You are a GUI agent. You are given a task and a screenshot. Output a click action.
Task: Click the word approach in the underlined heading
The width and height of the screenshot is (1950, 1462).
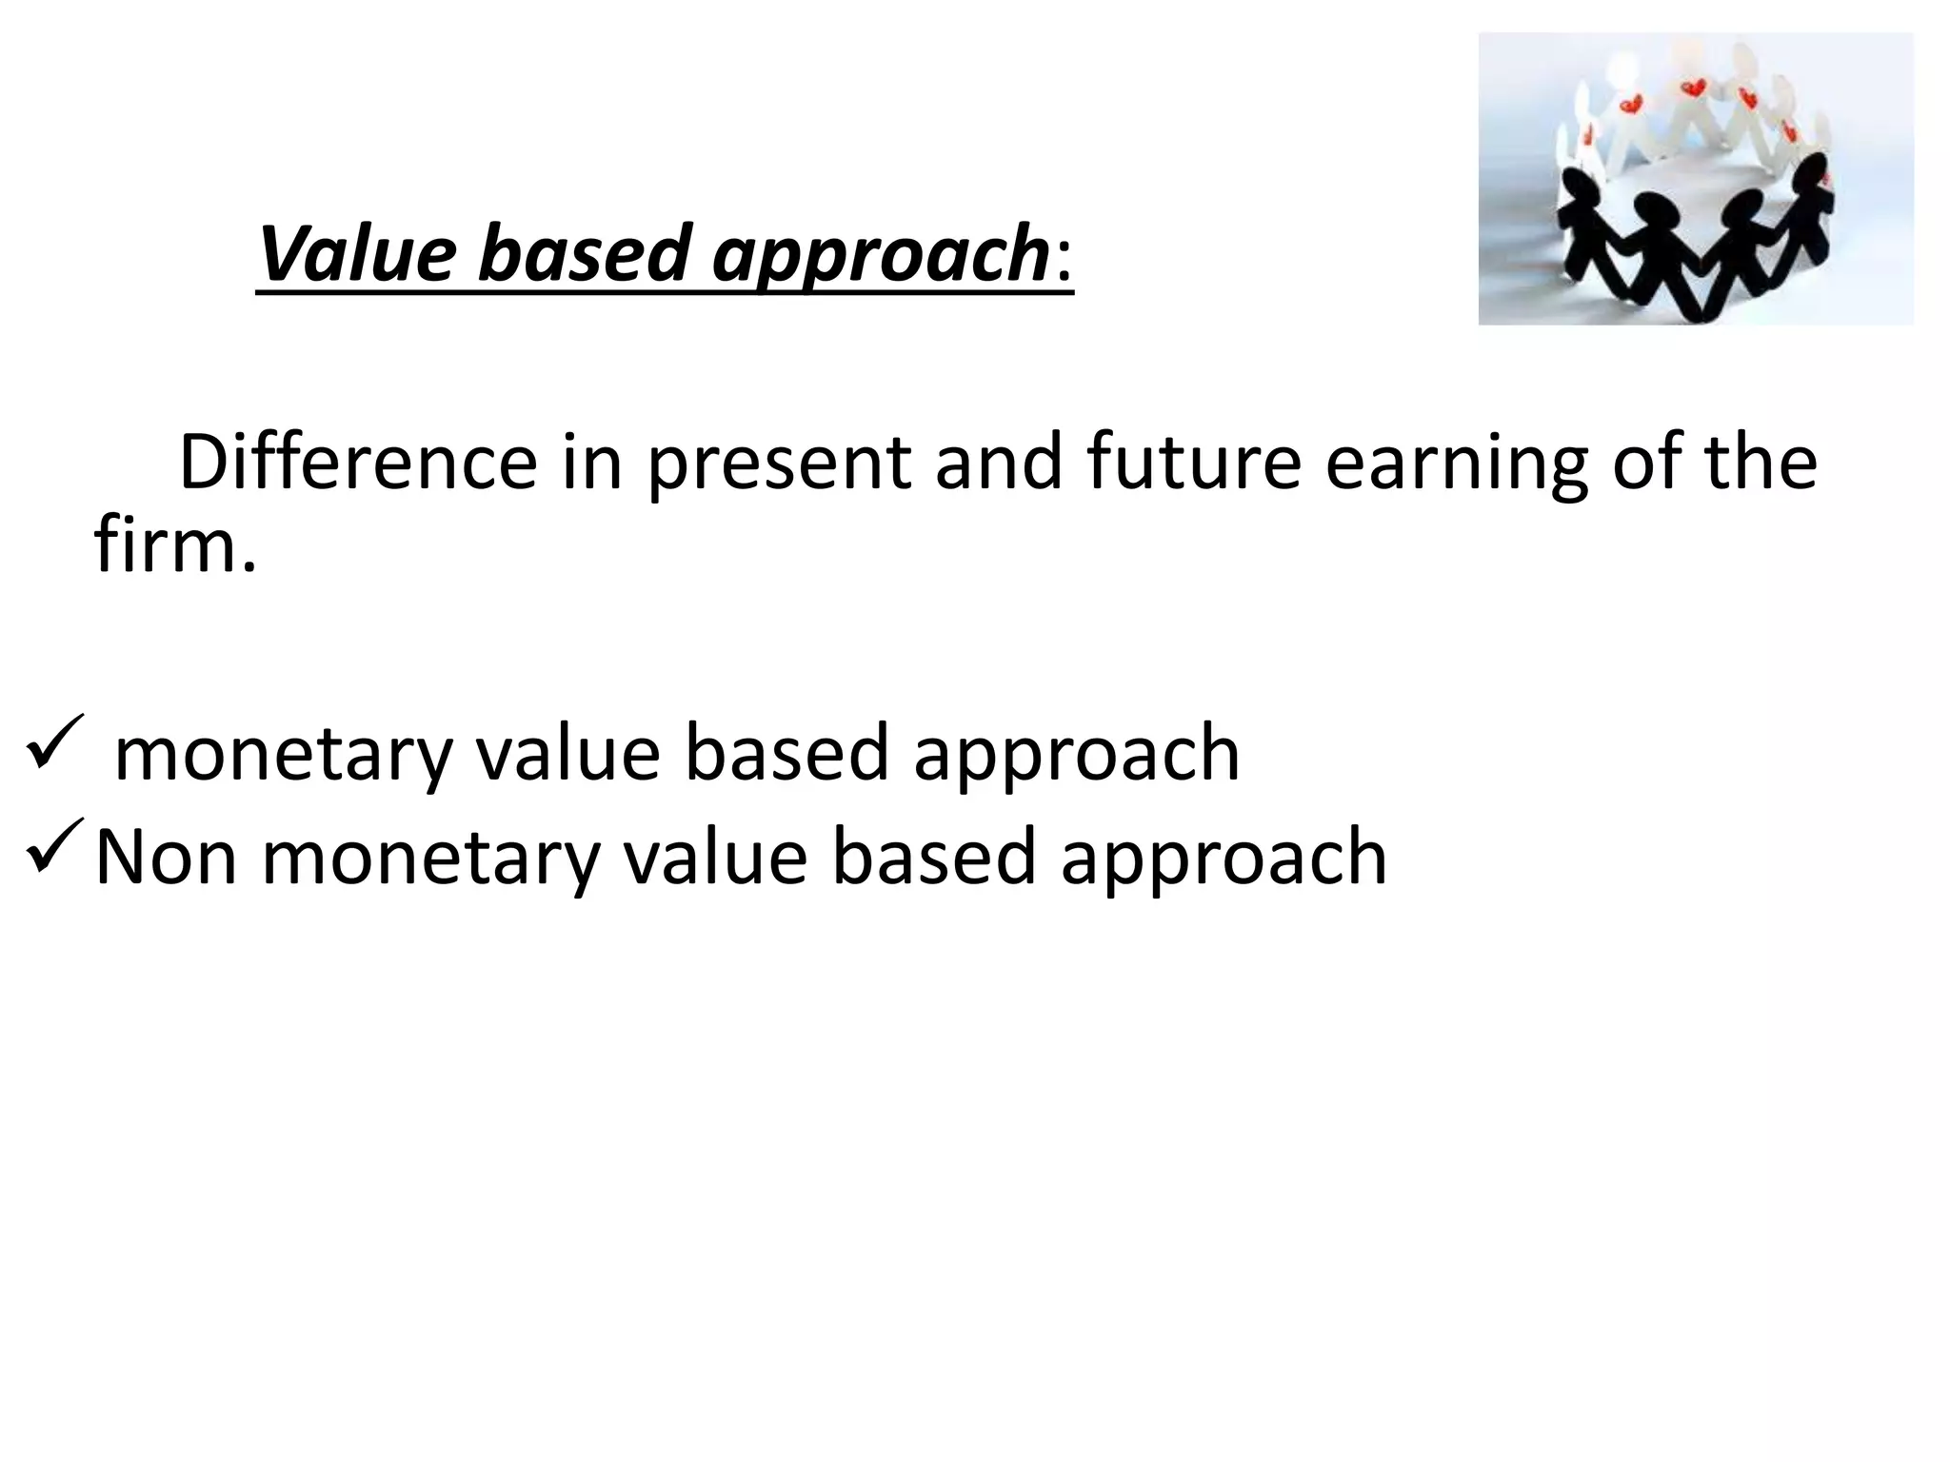pyautogui.click(x=881, y=255)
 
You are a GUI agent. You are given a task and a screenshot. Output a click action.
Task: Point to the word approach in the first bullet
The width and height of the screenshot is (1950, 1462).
pyautogui.click(x=1076, y=754)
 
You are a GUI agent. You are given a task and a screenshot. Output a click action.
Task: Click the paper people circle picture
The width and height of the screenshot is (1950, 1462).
pyautogui.click(x=1695, y=179)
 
